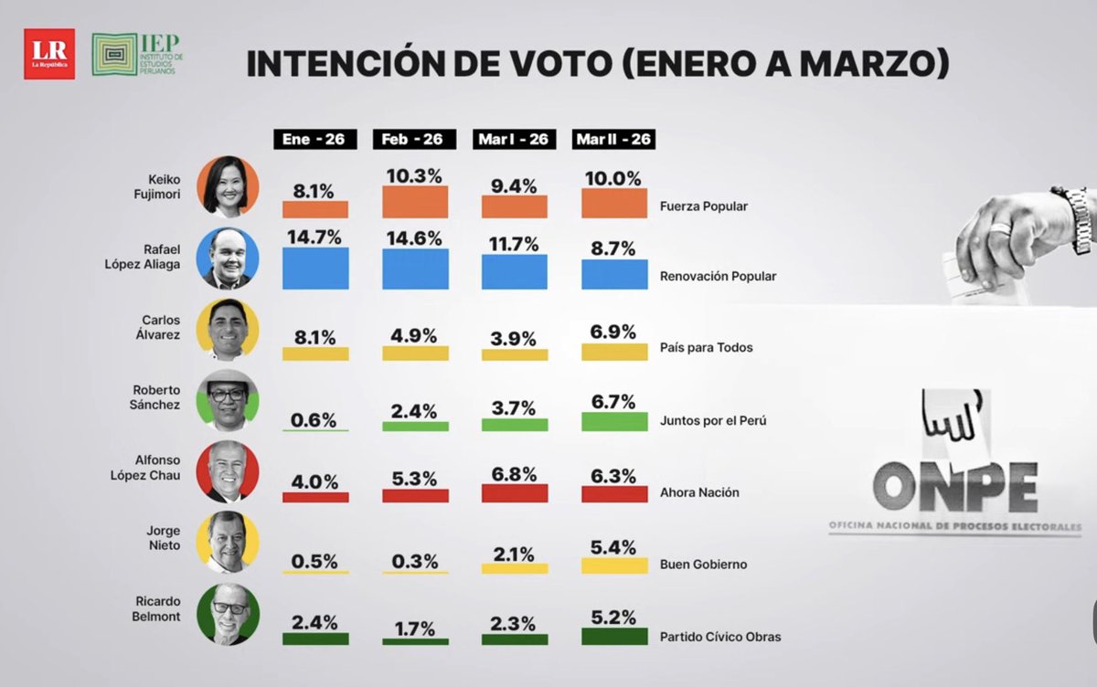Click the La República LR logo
point(49,54)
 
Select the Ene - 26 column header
point(315,140)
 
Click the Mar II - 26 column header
point(613,140)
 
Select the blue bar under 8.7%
point(613,274)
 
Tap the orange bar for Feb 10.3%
point(415,202)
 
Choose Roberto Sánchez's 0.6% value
point(315,419)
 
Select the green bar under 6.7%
point(613,420)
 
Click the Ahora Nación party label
point(698,492)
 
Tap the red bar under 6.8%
point(514,493)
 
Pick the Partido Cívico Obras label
point(719,637)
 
